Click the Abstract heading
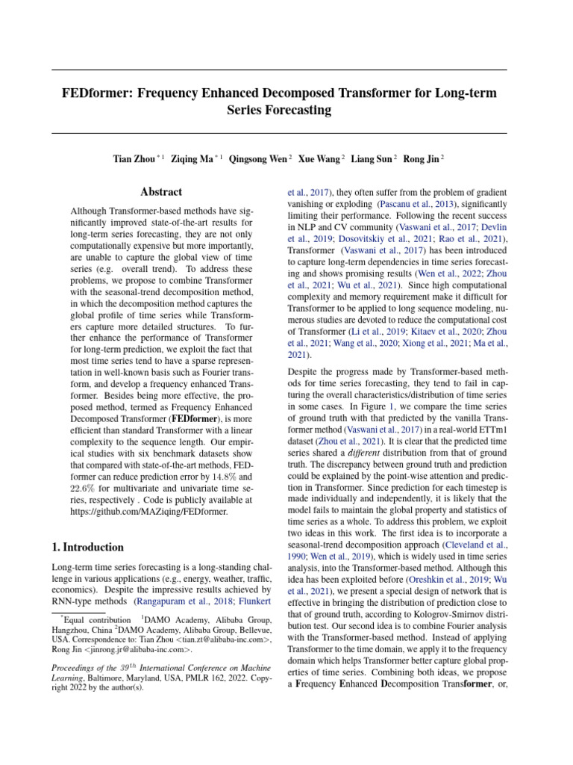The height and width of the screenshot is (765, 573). coord(162,191)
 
